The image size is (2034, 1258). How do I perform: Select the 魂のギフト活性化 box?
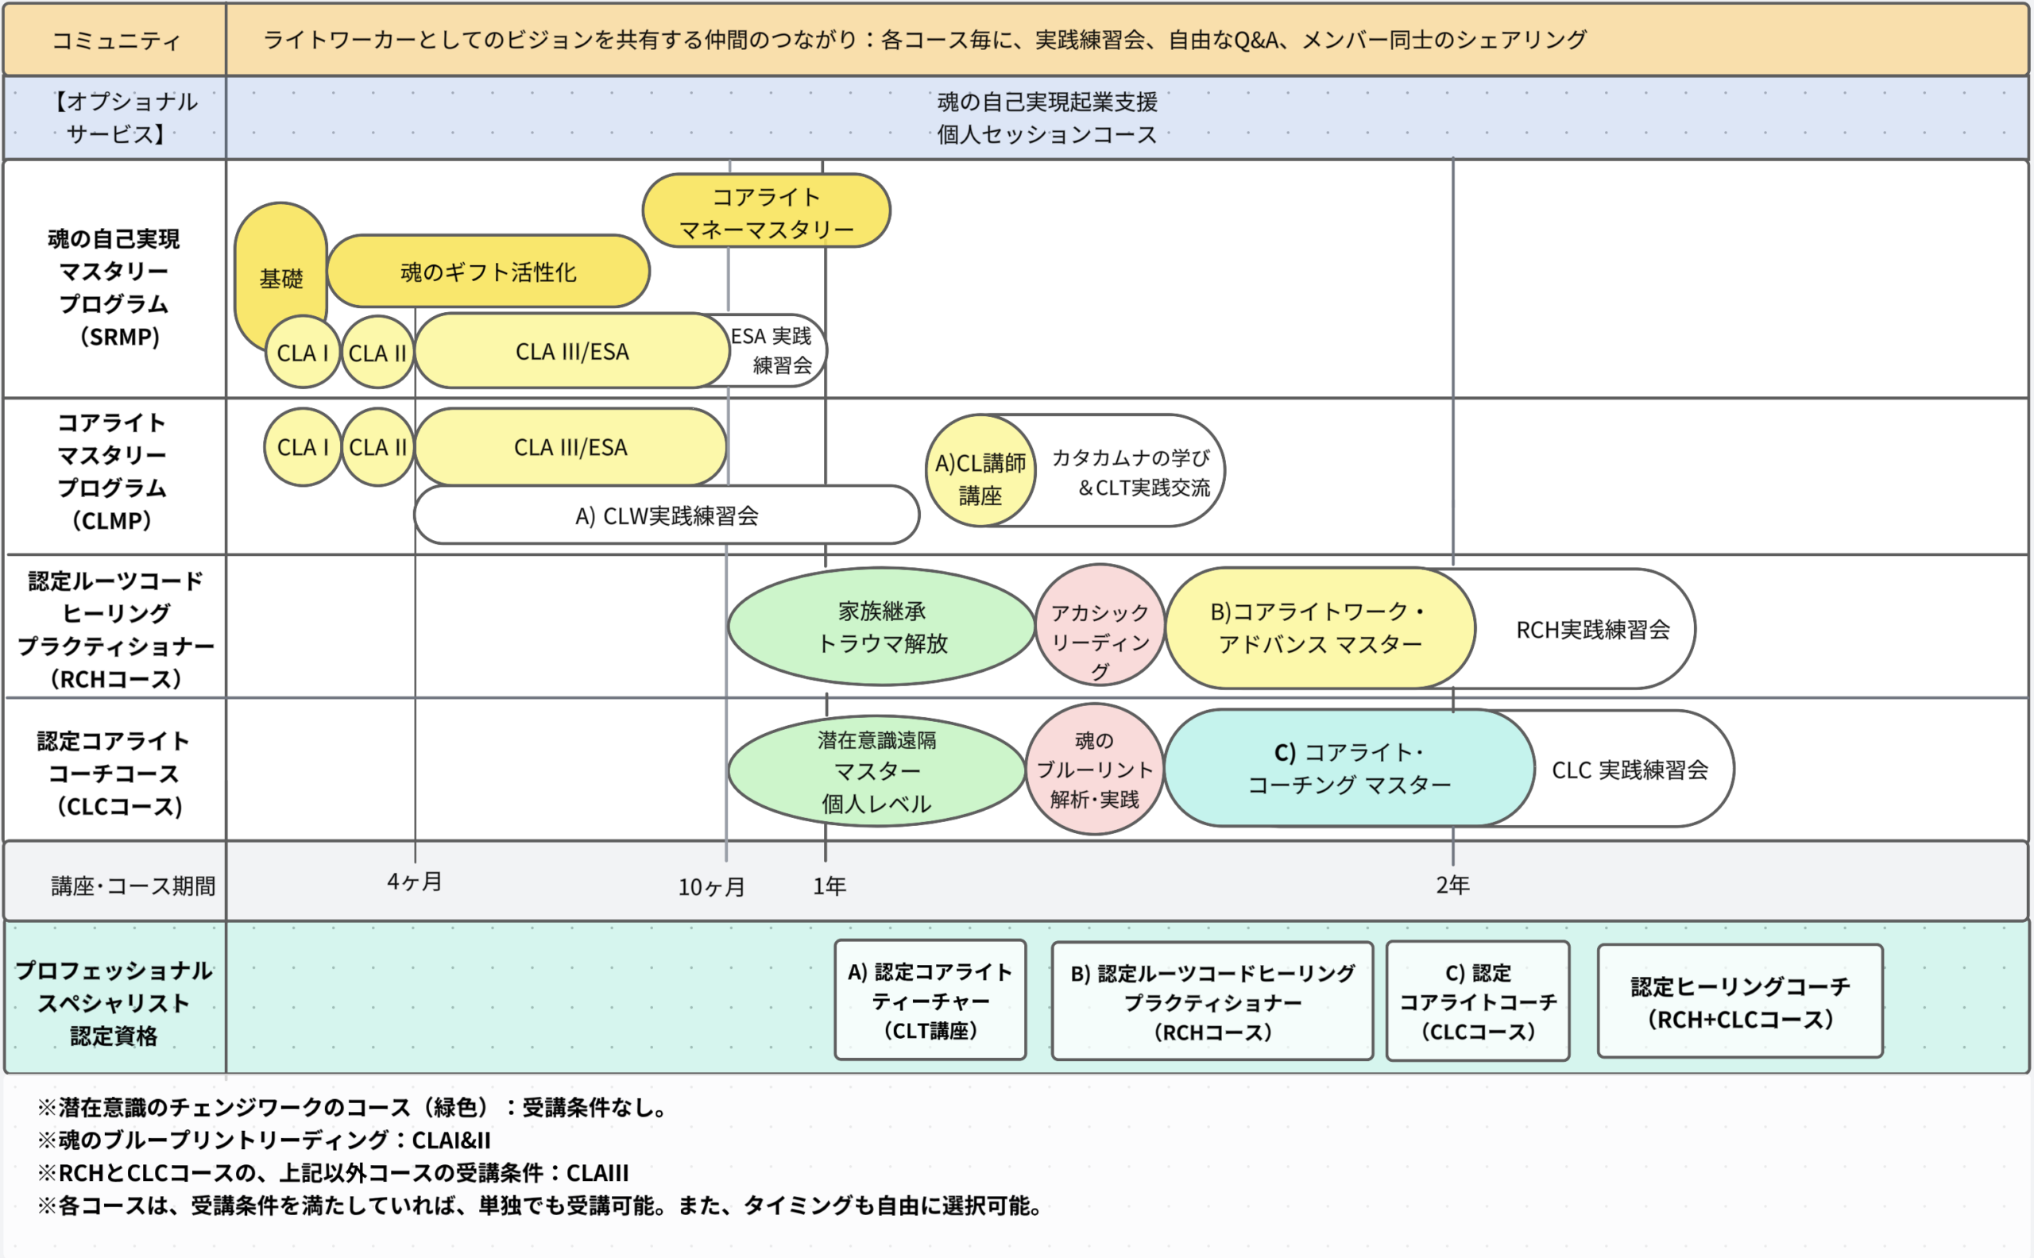click(488, 272)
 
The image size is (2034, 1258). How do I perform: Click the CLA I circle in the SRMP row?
click(302, 353)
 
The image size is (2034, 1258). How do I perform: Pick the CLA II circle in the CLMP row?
click(378, 448)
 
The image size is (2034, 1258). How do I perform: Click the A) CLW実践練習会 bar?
click(666, 516)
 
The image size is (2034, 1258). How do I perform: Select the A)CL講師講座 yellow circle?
click(980, 478)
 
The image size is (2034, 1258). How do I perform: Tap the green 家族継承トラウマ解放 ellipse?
click(881, 627)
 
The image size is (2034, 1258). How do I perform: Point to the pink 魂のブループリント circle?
click(1094, 770)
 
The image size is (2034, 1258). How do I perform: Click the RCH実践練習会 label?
click(1592, 630)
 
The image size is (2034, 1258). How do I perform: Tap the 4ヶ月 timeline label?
click(415, 882)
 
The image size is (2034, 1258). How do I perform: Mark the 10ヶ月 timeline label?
click(712, 887)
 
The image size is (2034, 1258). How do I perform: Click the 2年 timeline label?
click(1452, 886)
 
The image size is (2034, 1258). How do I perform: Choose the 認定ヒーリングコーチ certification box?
click(1739, 1001)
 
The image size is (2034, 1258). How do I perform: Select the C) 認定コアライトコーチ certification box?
click(1477, 1001)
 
